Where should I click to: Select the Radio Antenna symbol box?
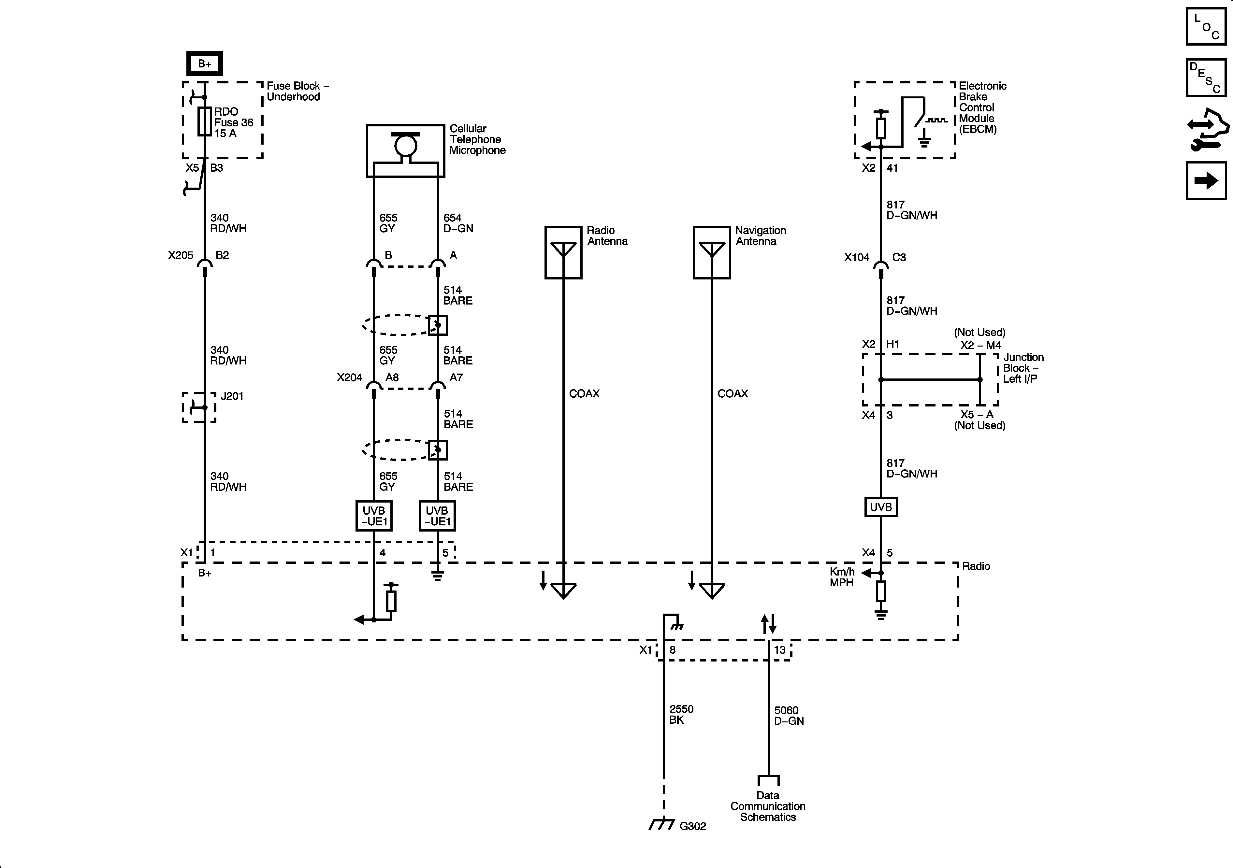click(563, 252)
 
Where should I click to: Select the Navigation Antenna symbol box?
click(712, 252)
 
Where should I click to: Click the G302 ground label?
click(692, 826)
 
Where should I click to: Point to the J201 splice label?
click(232, 396)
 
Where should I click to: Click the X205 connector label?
click(181, 256)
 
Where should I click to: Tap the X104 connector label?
click(857, 258)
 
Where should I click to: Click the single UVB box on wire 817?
click(881, 507)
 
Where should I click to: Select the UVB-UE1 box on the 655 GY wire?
click(374, 516)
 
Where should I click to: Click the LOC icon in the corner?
click(1206, 26)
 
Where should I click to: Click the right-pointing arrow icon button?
click(1206, 181)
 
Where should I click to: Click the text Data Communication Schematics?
click(768, 806)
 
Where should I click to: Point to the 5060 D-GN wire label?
click(788, 716)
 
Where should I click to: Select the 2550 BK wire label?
click(681, 715)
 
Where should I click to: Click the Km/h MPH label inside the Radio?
click(842, 577)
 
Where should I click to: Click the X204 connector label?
click(350, 378)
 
